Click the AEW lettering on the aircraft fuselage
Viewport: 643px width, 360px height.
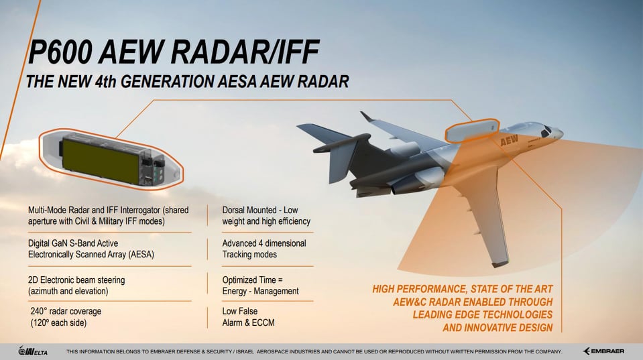point(510,141)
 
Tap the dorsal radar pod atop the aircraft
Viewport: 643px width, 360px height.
point(473,130)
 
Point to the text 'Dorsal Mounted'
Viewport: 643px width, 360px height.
point(253,210)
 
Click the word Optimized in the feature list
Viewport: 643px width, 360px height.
point(243,280)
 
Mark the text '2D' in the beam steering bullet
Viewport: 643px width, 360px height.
point(34,280)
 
